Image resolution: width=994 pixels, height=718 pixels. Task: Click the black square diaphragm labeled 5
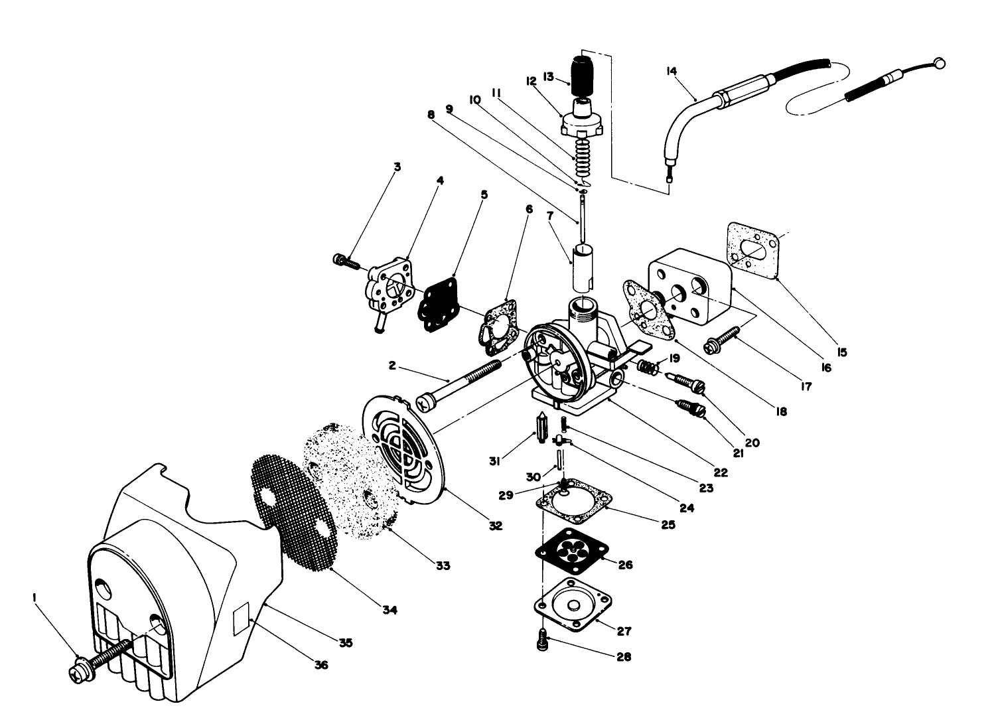(x=439, y=301)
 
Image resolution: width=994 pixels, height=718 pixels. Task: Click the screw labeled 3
(x=344, y=261)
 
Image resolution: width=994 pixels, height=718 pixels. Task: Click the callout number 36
(x=321, y=664)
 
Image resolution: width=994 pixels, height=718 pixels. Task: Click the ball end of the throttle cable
(x=940, y=63)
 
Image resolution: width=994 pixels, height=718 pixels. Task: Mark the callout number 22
(x=721, y=472)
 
